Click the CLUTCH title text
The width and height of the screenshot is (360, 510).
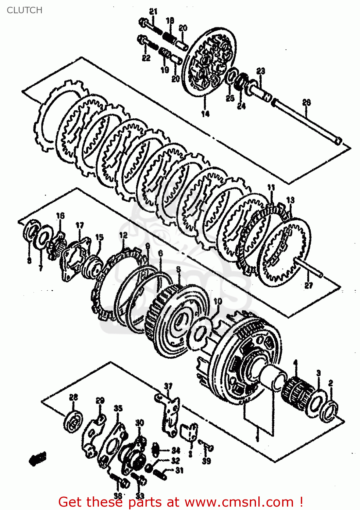tap(24, 10)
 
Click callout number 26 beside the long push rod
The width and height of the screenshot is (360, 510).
tap(307, 102)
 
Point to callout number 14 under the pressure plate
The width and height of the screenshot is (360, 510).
tap(205, 114)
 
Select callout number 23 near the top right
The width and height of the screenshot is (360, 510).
tap(261, 71)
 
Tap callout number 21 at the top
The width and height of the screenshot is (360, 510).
tap(154, 12)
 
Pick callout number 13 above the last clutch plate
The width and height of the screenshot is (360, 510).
tap(290, 200)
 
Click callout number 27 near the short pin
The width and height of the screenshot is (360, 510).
tap(308, 285)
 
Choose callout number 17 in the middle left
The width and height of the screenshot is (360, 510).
tap(80, 225)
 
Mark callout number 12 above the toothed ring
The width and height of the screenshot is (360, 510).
tap(123, 235)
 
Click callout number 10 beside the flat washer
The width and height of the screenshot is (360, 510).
tap(218, 301)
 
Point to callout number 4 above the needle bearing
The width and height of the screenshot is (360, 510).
tap(295, 363)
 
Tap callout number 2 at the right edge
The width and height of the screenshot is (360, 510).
tap(330, 383)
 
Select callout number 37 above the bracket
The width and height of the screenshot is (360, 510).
tap(168, 386)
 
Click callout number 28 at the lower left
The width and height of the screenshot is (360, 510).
tap(73, 397)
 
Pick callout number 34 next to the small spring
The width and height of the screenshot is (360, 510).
tap(175, 451)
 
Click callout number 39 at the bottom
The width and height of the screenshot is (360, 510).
tap(206, 461)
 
